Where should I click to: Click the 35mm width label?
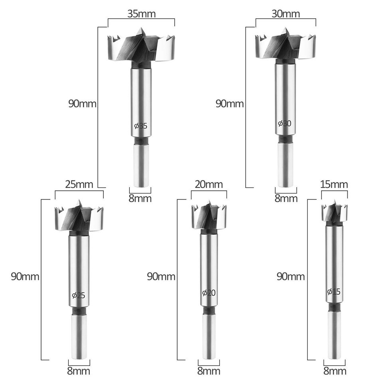(141, 14)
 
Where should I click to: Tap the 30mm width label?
(286, 14)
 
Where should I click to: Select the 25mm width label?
(79, 184)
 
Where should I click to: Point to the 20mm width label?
(209, 184)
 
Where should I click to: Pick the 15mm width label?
(334, 184)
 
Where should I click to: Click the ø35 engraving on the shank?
(141, 126)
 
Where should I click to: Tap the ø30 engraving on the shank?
(285, 123)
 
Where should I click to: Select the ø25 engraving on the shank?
(79, 296)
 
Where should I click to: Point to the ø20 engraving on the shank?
(209, 292)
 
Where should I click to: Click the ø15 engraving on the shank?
(334, 292)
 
